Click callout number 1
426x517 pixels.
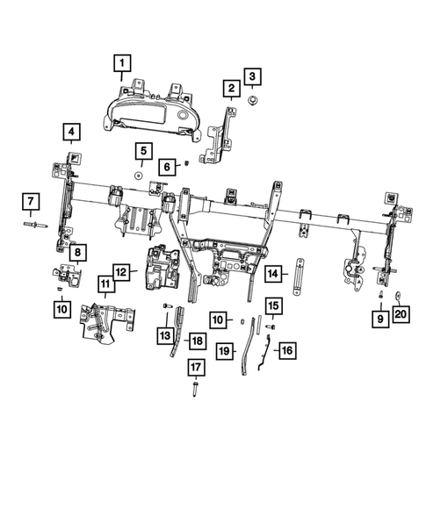tap(121, 62)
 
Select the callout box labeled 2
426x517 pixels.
tap(231, 89)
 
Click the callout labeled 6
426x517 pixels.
tap(165, 167)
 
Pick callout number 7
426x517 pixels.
tap(30, 203)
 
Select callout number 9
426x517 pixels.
tap(380, 320)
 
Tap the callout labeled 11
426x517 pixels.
tap(105, 284)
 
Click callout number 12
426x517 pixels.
tap(121, 272)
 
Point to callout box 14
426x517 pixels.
tap(273, 274)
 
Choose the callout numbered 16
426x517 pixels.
tap(286, 349)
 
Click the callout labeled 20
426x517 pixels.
tap(401, 313)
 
